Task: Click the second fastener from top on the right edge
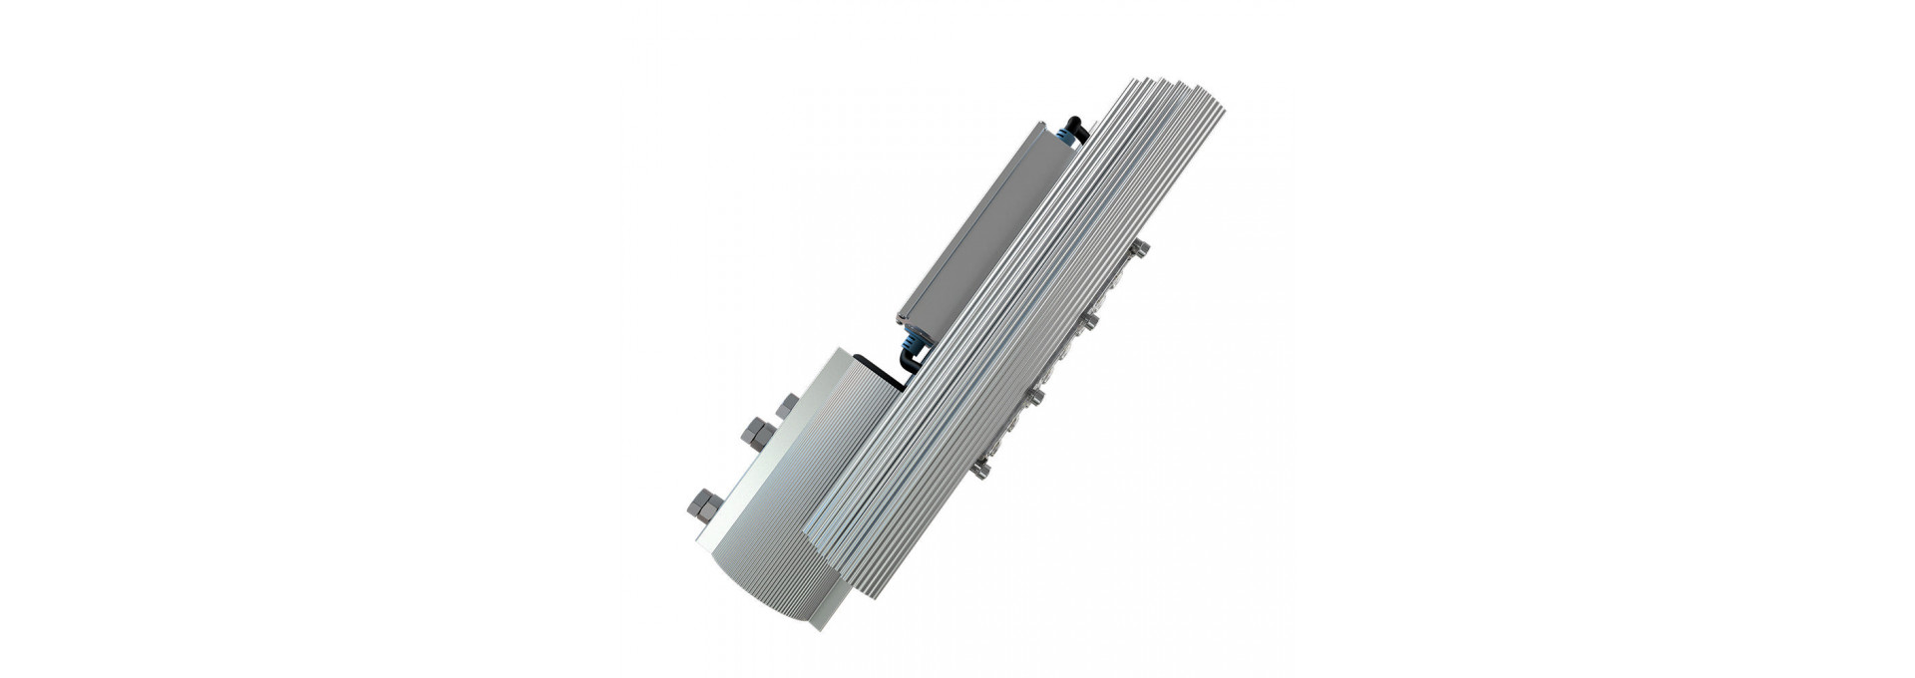1092,319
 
